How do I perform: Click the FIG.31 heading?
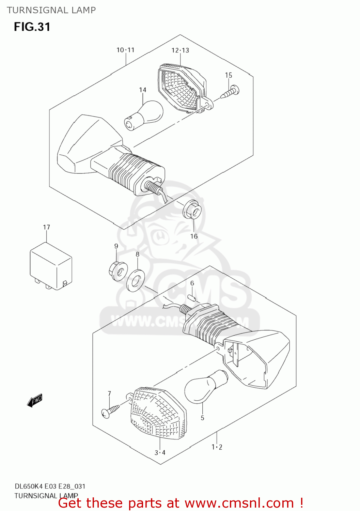[32, 27]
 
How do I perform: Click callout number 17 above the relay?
[46, 227]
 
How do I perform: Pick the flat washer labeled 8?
[136, 280]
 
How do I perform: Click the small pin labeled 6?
[192, 298]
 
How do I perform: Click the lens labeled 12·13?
[181, 87]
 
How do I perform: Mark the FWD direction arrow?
[35, 401]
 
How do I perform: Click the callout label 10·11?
[125, 50]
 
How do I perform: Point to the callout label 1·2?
[217, 447]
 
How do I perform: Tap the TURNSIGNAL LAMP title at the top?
[51, 10]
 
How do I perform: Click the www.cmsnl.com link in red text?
[239, 503]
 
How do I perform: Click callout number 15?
[228, 75]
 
